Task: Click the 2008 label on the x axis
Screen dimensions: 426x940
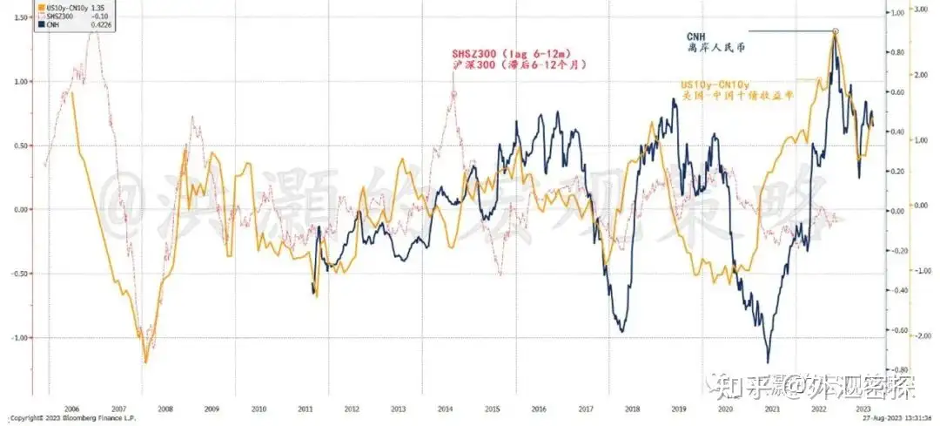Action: click(164, 407)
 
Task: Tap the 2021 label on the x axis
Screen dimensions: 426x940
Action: click(769, 407)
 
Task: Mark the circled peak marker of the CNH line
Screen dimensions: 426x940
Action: click(835, 31)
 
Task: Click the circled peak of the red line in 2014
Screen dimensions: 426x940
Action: click(453, 93)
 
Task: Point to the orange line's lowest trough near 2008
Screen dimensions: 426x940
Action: click(145, 360)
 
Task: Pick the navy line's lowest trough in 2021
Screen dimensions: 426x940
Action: click(768, 361)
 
